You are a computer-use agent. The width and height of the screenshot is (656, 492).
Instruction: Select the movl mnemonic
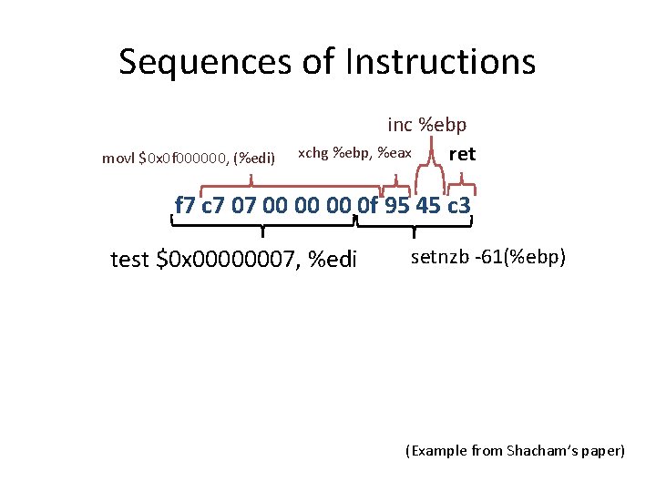coord(118,158)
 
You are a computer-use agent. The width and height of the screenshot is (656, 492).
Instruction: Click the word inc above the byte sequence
coord(399,124)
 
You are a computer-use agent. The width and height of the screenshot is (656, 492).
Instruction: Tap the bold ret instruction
coord(462,154)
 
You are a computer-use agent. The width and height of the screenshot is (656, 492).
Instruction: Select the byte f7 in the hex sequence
coord(186,206)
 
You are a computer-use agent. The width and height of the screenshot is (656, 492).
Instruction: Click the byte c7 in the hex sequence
coord(214,206)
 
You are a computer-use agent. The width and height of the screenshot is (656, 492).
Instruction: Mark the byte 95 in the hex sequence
coord(397,206)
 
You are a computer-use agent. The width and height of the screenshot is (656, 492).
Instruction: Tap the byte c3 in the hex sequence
coord(457,206)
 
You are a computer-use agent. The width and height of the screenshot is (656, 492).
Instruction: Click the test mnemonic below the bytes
coord(130,260)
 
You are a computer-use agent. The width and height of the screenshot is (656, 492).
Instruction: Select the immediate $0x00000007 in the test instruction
coord(228,260)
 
